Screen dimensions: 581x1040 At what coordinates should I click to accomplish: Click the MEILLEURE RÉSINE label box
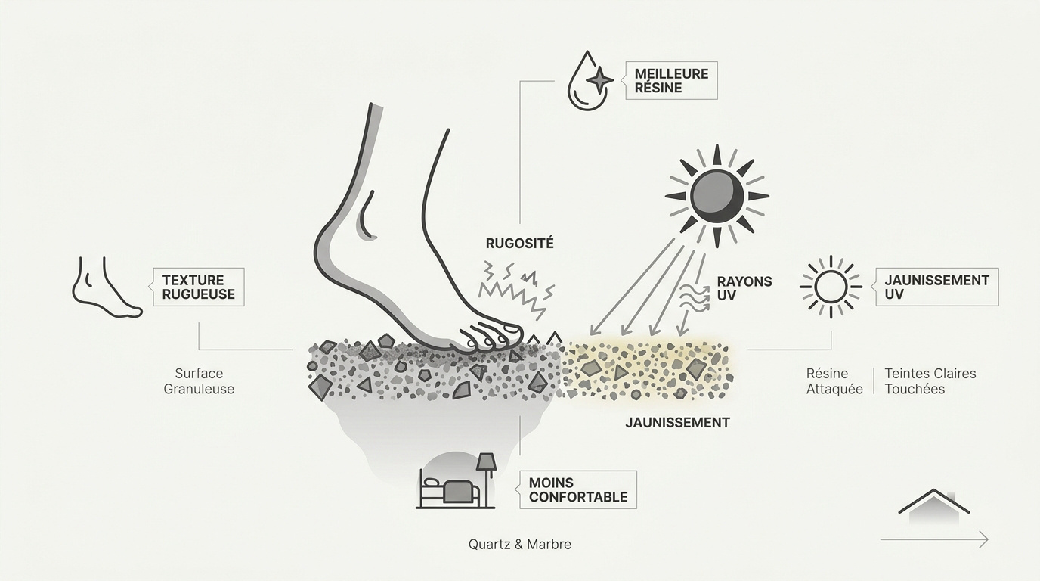(671, 81)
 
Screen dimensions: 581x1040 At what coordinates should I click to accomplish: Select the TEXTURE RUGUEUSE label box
(198, 287)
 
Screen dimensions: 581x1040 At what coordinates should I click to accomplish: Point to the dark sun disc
(717, 195)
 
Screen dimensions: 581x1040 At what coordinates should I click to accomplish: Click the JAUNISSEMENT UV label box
(936, 287)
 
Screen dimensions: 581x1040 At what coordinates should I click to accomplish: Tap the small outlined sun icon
(831, 287)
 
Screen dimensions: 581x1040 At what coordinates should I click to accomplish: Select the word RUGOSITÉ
(519, 244)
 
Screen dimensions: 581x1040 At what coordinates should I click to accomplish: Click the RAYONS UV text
(744, 288)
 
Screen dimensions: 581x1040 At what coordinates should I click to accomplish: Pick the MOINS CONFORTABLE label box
(578, 489)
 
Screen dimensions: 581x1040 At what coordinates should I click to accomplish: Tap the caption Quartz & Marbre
(520, 544)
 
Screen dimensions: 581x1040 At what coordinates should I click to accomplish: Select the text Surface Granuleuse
(199, 381)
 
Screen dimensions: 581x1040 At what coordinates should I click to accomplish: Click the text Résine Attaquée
(834, 381)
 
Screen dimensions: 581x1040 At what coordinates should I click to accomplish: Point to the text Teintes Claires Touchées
(930, 381)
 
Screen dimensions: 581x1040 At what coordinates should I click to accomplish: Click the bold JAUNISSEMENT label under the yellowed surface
(677, 423)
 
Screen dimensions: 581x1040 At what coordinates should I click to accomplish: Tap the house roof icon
(933, 505)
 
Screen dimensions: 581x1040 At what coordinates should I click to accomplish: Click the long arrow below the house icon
(934, 539)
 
